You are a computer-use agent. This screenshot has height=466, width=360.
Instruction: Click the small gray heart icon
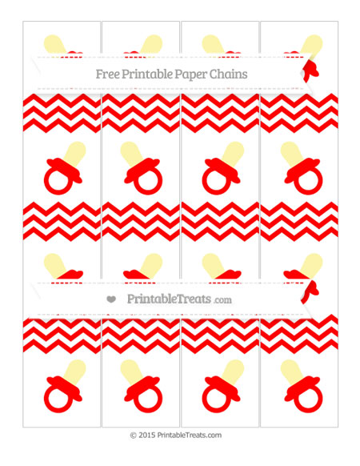coord(110,299)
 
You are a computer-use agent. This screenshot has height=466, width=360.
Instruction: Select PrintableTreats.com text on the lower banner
coord(178,299)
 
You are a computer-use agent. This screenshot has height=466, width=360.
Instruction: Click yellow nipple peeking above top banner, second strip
coord(150,45)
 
